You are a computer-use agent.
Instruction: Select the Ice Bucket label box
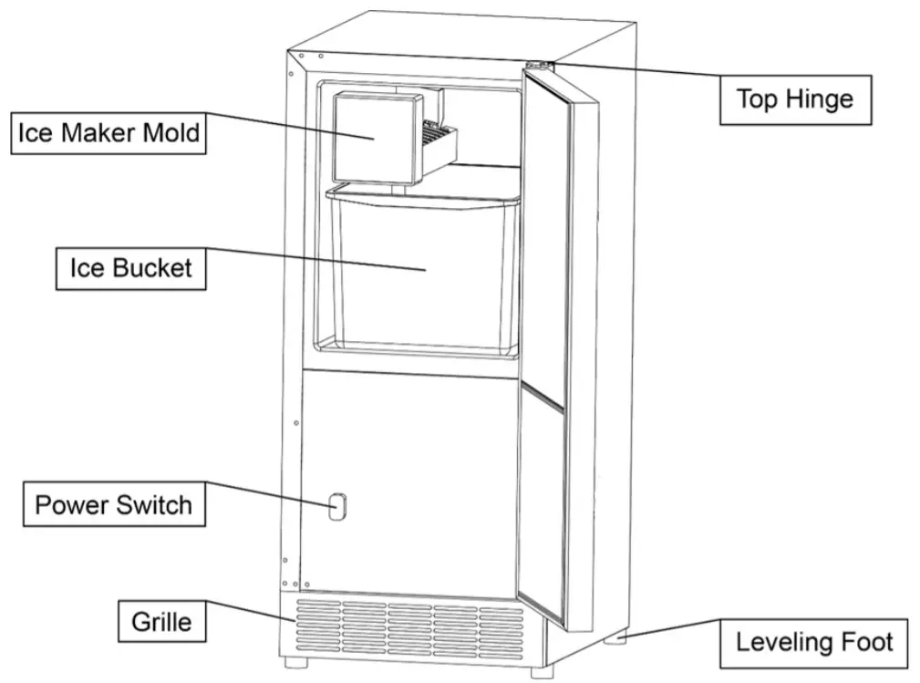(x=130, y=268)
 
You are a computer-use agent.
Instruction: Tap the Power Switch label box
(x=114, y=504)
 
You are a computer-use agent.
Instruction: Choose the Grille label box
(x=162, y=622)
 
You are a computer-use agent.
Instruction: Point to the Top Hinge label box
(x=795, y=98)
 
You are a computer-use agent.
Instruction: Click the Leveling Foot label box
(x=814, y=641)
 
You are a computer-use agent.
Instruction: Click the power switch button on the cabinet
(x=337, y=507)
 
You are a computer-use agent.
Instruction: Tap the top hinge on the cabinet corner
(x=539, y=66)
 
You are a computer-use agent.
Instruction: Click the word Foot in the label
(x=868, y=641)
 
